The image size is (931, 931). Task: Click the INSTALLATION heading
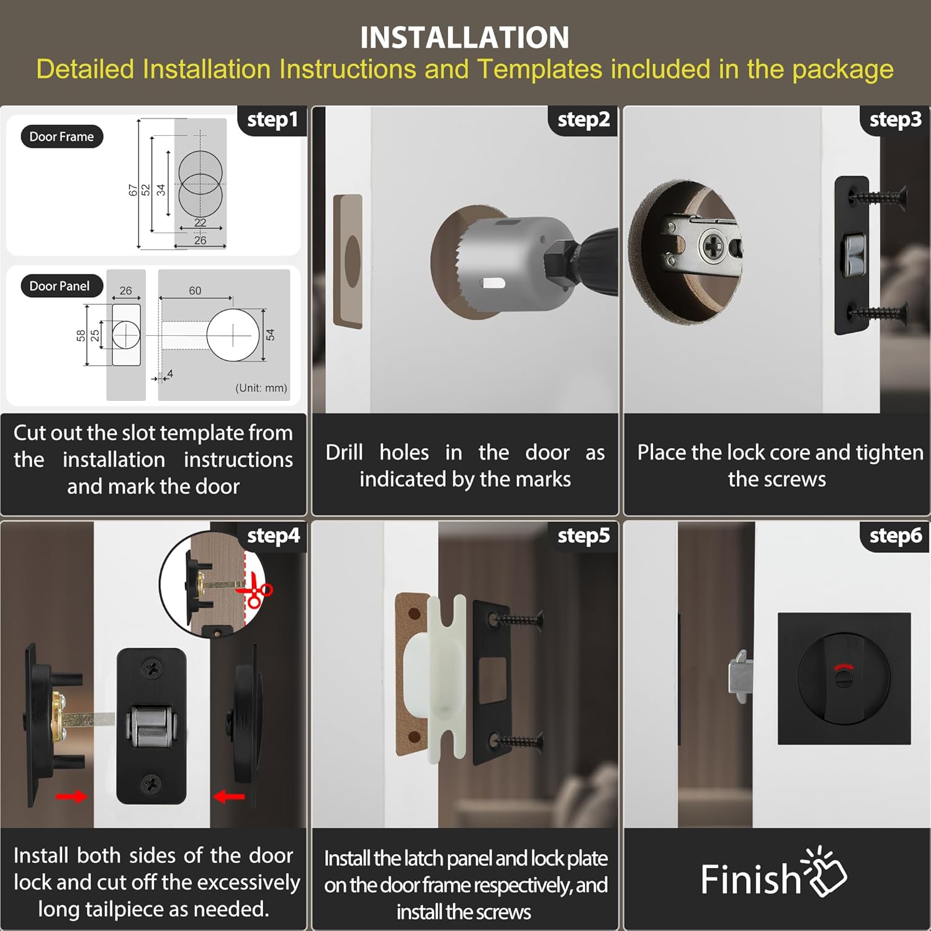465,37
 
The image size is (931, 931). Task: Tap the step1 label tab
272,120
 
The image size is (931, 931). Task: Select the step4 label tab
273,536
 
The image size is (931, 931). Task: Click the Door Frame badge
61,137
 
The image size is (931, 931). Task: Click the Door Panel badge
60,286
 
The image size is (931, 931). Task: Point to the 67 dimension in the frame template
133,190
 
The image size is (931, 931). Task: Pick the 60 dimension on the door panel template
195,290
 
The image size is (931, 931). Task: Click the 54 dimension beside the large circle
270,335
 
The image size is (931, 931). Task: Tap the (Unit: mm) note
261,388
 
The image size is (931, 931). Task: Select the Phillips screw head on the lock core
712,248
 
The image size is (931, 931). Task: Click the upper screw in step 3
878,197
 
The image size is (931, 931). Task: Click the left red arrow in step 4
71,796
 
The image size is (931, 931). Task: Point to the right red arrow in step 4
229,796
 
